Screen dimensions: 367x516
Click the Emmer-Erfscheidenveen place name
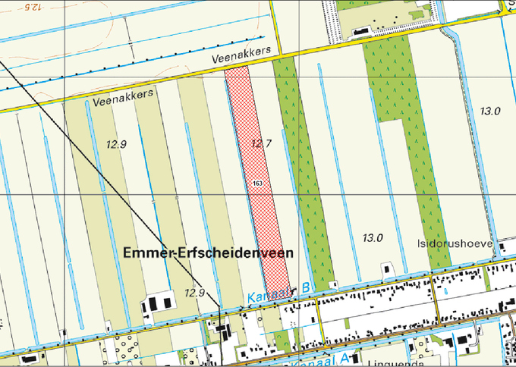[x=207, y=254]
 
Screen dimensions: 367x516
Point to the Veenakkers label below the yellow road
[x=124, y=96]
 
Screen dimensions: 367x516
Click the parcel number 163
[x=258, y=183]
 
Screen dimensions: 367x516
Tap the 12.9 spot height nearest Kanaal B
[x=195, y=293]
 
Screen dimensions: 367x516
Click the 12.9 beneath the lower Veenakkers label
[x=117, y=144]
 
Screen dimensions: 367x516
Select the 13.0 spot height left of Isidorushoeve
[x=373, y=238]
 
